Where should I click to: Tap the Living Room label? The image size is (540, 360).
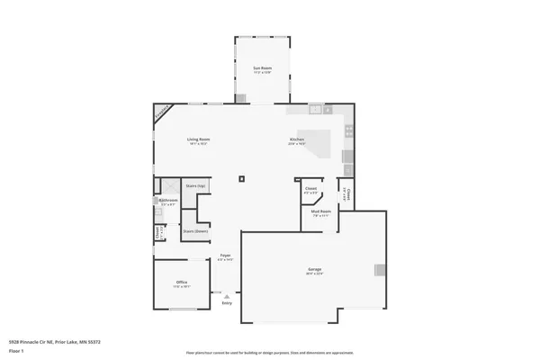point(198,139)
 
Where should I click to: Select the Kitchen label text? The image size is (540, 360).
point(297,139)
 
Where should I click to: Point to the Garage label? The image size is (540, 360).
point(315,269)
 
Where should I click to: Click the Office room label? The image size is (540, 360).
point(182,283)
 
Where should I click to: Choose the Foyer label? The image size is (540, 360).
point(226,256)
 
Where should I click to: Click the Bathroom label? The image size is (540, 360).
point(168,201)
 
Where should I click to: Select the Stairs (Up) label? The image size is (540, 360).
point(195,185)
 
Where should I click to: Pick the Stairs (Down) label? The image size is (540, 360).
point(194,230)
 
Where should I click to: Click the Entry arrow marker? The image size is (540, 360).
point(227,295)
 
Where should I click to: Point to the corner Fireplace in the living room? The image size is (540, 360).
point(162,113)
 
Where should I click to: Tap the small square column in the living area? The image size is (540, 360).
point(241,179)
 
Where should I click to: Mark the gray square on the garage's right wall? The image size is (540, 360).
point(380,270)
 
